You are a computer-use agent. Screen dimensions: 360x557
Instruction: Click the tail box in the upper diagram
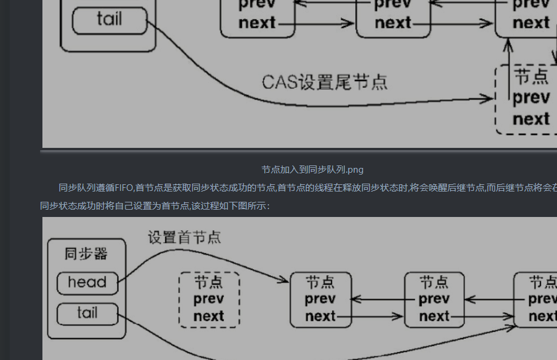109,20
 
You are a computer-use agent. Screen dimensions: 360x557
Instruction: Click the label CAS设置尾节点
324,82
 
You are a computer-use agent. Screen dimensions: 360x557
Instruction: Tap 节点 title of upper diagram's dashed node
531,76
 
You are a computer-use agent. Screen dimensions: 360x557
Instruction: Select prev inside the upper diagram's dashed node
531,98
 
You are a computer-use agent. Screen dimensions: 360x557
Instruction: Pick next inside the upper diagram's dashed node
531,119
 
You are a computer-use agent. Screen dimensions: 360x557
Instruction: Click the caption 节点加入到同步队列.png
312,169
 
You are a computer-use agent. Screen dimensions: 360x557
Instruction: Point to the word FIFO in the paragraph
124,187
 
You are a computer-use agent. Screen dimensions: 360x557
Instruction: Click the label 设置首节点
184,237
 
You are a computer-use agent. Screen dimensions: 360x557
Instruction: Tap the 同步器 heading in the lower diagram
86,253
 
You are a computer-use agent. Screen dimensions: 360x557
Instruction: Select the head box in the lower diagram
87,282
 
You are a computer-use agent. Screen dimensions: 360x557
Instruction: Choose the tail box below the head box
87,313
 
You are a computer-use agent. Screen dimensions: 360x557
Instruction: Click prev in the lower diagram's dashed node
208,299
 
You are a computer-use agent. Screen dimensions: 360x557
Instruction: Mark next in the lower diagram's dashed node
208,316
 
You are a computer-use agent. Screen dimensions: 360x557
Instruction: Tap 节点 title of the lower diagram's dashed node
208,282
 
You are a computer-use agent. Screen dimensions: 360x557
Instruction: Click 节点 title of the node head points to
320,282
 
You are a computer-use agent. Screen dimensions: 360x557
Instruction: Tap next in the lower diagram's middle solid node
434,316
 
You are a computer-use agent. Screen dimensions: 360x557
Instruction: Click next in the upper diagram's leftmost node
257,24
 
